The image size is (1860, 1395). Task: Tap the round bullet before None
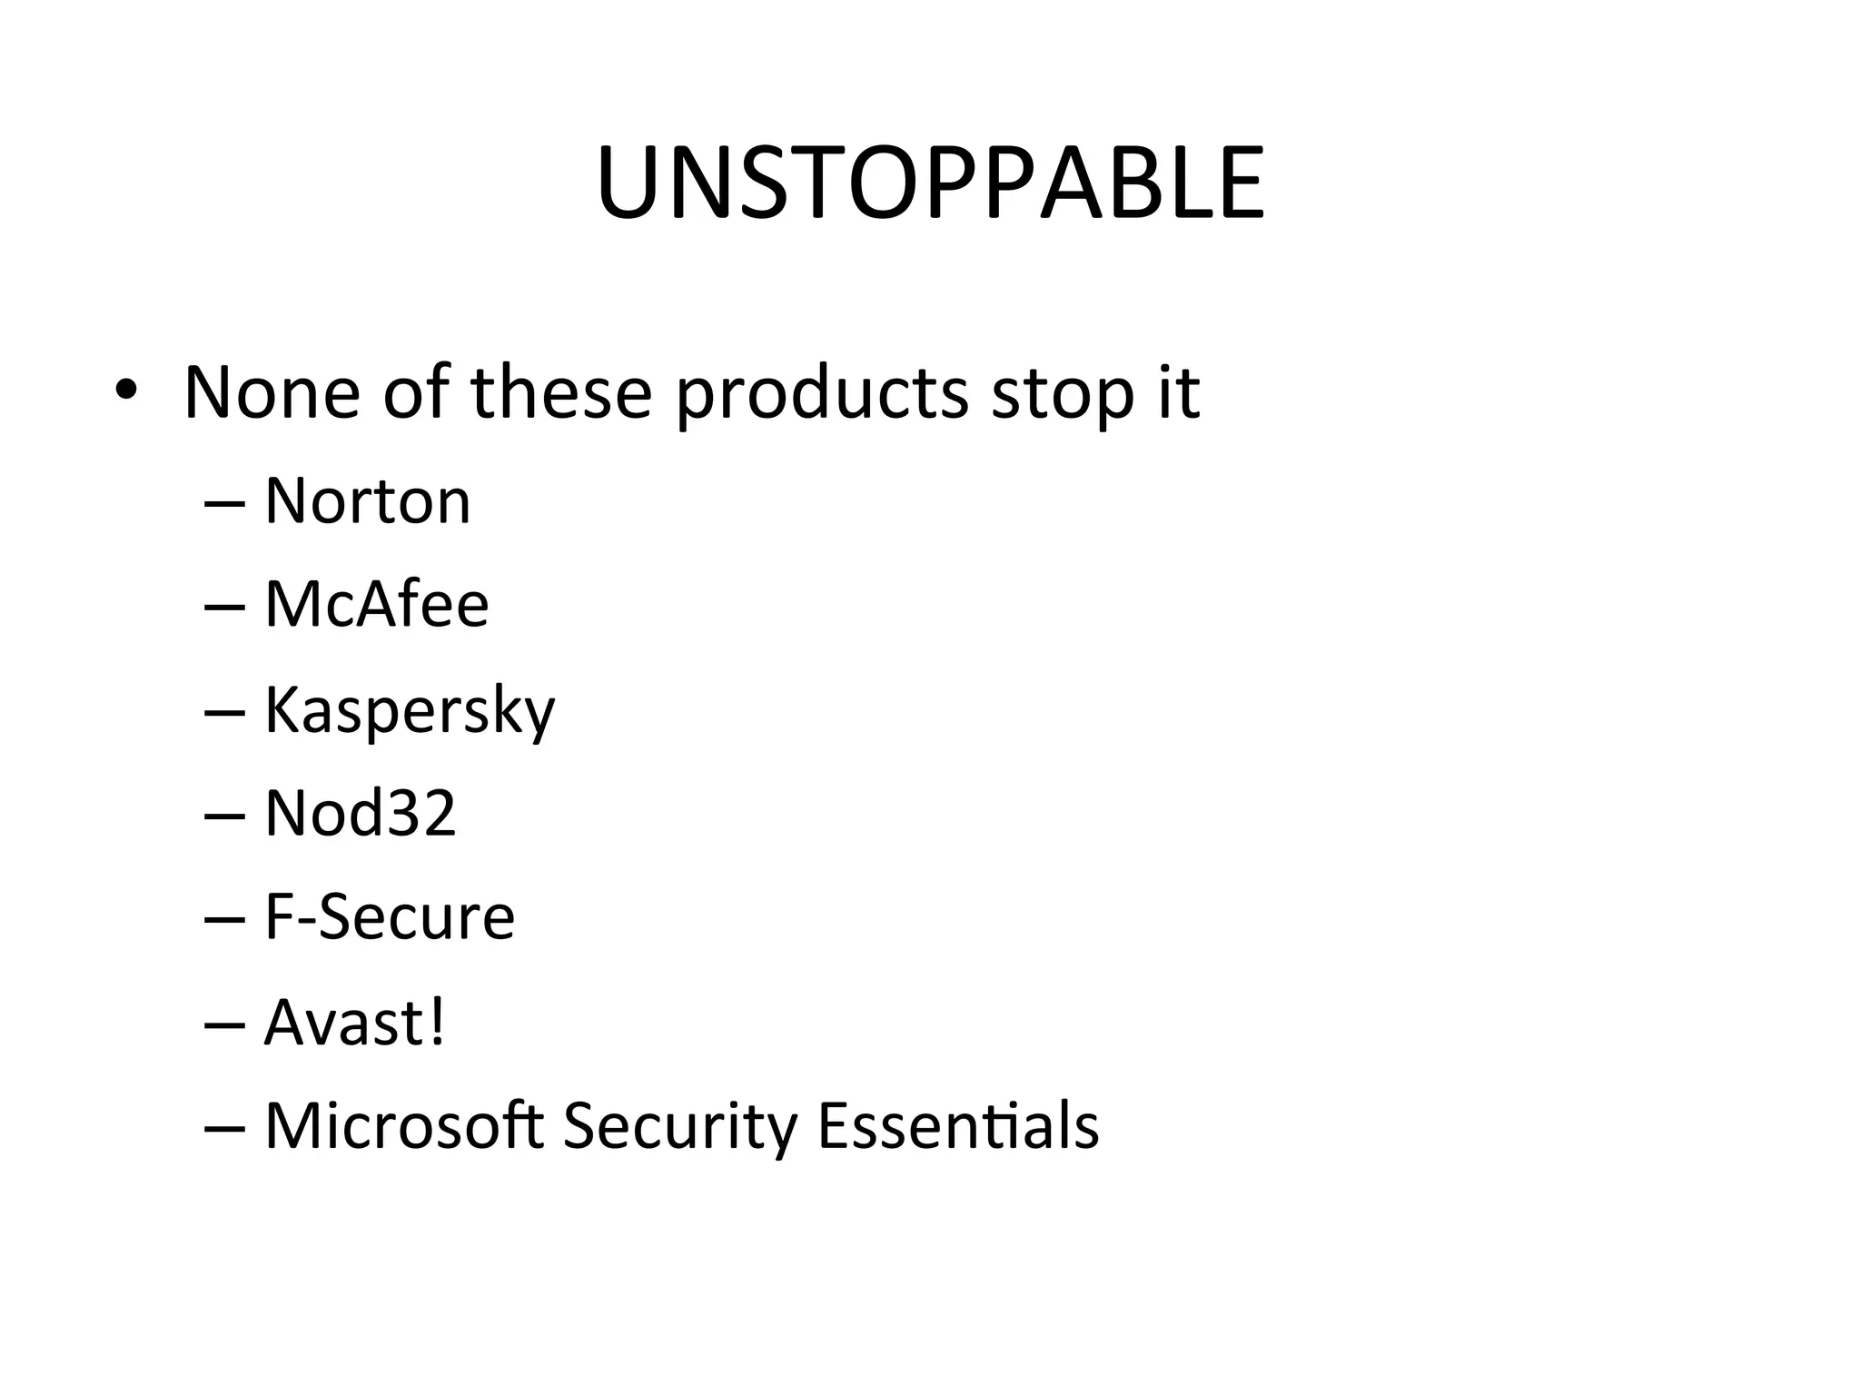(126, 391)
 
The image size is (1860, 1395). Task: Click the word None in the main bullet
(272, 392)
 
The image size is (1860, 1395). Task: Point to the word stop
(1063, 395)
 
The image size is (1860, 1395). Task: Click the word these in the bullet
(561, 392)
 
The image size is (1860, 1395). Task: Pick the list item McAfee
(377, 604)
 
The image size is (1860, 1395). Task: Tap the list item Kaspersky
(410, 711)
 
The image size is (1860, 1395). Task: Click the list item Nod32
(360, 813)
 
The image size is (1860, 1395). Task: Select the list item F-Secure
(390, 916)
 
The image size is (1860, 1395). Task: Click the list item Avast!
(354, 1023)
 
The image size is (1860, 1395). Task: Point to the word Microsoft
(404, 1126)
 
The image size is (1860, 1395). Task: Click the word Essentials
(958, 1126)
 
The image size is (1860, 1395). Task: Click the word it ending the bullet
(1179, 392)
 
